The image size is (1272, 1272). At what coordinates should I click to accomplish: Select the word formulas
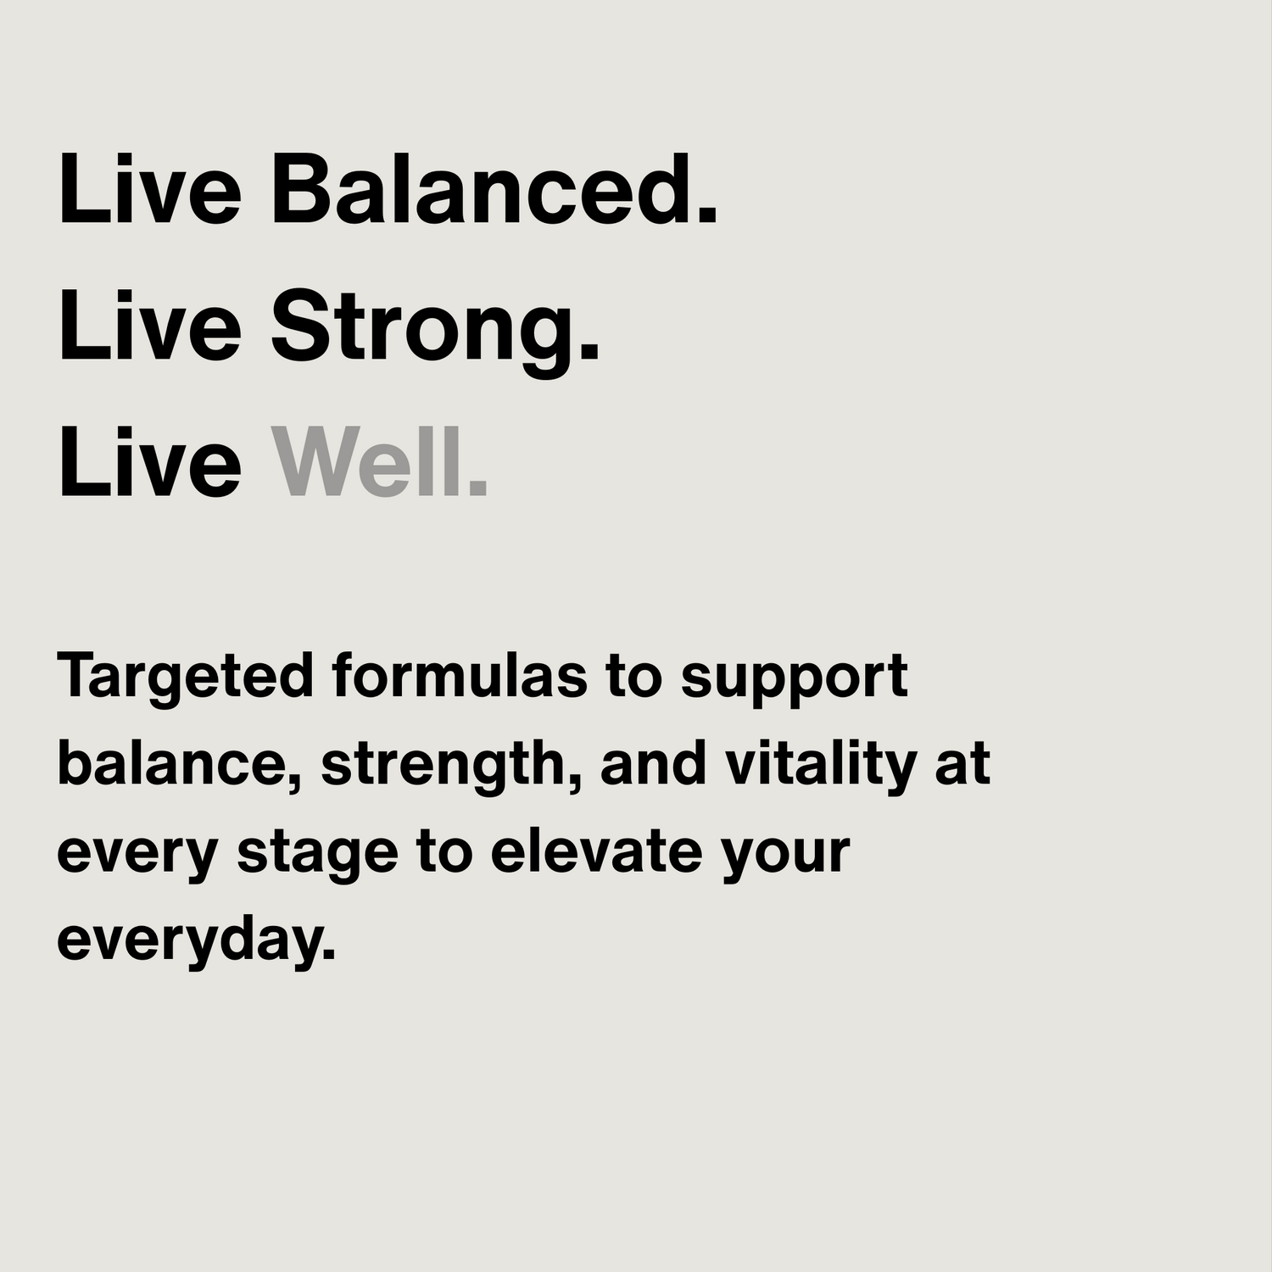point(459,675)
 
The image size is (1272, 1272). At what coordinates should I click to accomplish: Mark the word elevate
point(596,851)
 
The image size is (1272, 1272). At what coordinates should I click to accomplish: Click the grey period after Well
point(479,489)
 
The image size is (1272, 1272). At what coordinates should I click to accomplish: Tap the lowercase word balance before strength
point(175,763)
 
